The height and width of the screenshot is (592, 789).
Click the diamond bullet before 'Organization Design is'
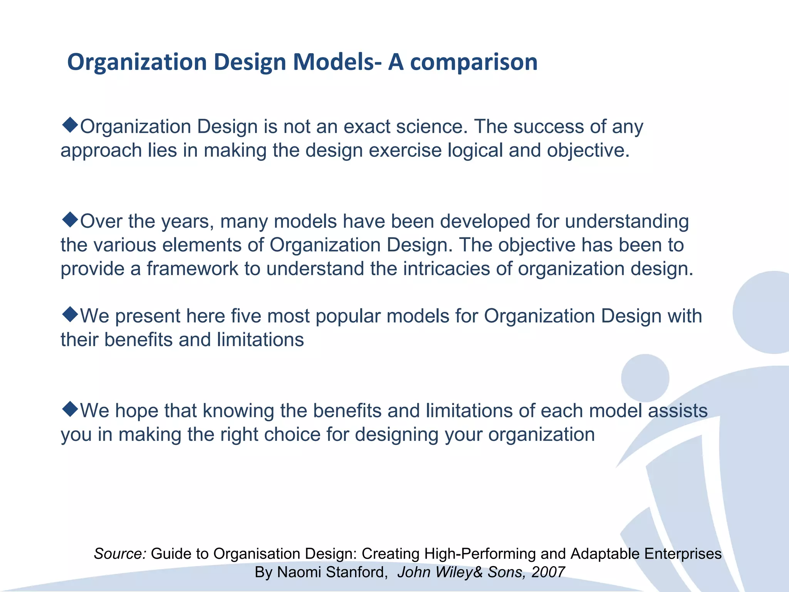click(70, 125)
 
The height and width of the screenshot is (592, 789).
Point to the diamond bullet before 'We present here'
click(70, 314)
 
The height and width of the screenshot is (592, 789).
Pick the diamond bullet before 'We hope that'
click(70, 409)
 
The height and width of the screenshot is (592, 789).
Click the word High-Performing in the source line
click(480, 554)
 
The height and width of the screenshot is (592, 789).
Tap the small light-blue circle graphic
click(645, 378)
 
